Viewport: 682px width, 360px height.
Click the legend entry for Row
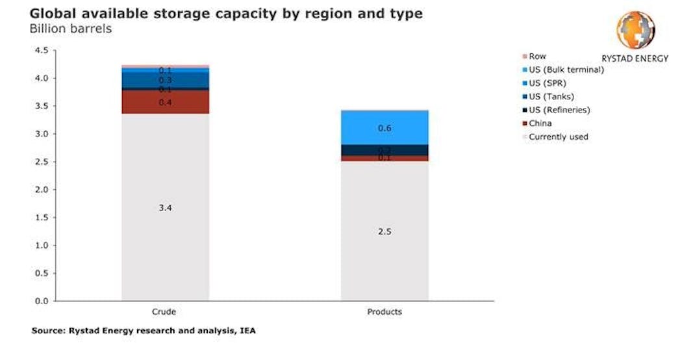[x=537, y=57]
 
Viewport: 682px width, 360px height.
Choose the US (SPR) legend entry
[x=550, y=83]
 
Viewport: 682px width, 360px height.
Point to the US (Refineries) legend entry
[x=559, y=110]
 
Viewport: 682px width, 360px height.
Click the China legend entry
[x=540, y=123]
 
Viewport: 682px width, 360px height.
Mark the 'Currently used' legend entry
[x=558, y=137]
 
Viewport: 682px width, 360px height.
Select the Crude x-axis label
[x=165, y=312]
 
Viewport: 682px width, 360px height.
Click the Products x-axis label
[x=385, y=312]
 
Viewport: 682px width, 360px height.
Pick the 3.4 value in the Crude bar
[x=165, y=208]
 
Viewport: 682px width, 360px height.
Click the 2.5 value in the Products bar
[x=385, y=231]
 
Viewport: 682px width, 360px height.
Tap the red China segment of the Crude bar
[x=165, y=102]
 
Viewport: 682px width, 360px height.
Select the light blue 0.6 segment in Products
[x=385, y=128]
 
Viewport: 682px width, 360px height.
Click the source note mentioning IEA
[x=144, y=331]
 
